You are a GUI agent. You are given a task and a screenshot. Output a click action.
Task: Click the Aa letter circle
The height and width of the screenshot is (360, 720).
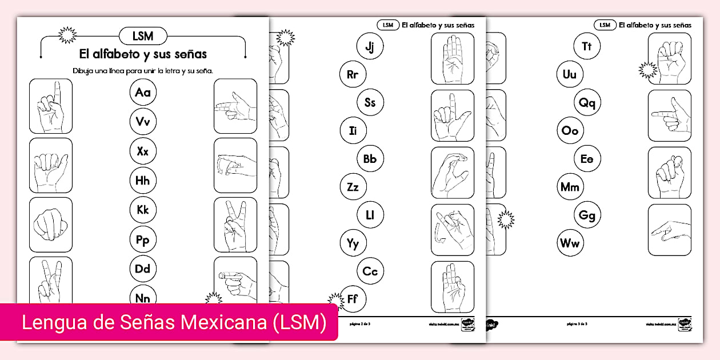143,93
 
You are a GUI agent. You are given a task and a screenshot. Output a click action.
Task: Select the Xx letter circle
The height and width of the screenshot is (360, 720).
143,151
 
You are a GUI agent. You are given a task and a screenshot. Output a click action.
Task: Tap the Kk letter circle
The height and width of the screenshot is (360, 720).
143,210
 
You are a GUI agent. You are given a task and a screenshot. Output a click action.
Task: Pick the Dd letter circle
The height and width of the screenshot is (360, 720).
143,269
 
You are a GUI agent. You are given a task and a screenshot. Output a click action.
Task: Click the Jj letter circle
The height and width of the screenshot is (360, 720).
370,46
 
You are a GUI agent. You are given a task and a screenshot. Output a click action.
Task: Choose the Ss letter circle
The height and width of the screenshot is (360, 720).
370,102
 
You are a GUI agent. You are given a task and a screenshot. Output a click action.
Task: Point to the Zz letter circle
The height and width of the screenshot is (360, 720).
353,187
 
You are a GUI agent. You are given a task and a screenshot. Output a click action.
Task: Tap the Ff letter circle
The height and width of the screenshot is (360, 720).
353,299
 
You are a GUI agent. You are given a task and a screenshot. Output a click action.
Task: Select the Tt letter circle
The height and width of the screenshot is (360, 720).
587,46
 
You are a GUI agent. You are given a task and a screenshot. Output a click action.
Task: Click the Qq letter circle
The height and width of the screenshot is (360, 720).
587,103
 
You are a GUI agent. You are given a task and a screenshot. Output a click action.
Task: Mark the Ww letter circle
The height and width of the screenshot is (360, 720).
570,243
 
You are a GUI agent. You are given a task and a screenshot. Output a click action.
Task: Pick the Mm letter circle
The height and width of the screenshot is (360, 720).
570,187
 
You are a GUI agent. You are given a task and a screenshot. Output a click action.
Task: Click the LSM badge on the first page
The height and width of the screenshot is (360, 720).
143,36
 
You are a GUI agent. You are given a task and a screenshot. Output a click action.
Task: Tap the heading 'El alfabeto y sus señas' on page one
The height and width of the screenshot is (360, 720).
143,55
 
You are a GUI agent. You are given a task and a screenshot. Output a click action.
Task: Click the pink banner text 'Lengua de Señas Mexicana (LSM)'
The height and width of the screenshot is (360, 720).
174,322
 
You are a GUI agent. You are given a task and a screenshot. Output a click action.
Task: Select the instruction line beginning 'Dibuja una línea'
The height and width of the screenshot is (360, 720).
143,71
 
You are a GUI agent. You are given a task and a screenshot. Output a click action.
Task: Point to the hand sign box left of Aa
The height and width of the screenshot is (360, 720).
51,106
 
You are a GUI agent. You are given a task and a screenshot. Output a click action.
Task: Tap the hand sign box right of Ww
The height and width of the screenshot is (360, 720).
669,230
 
